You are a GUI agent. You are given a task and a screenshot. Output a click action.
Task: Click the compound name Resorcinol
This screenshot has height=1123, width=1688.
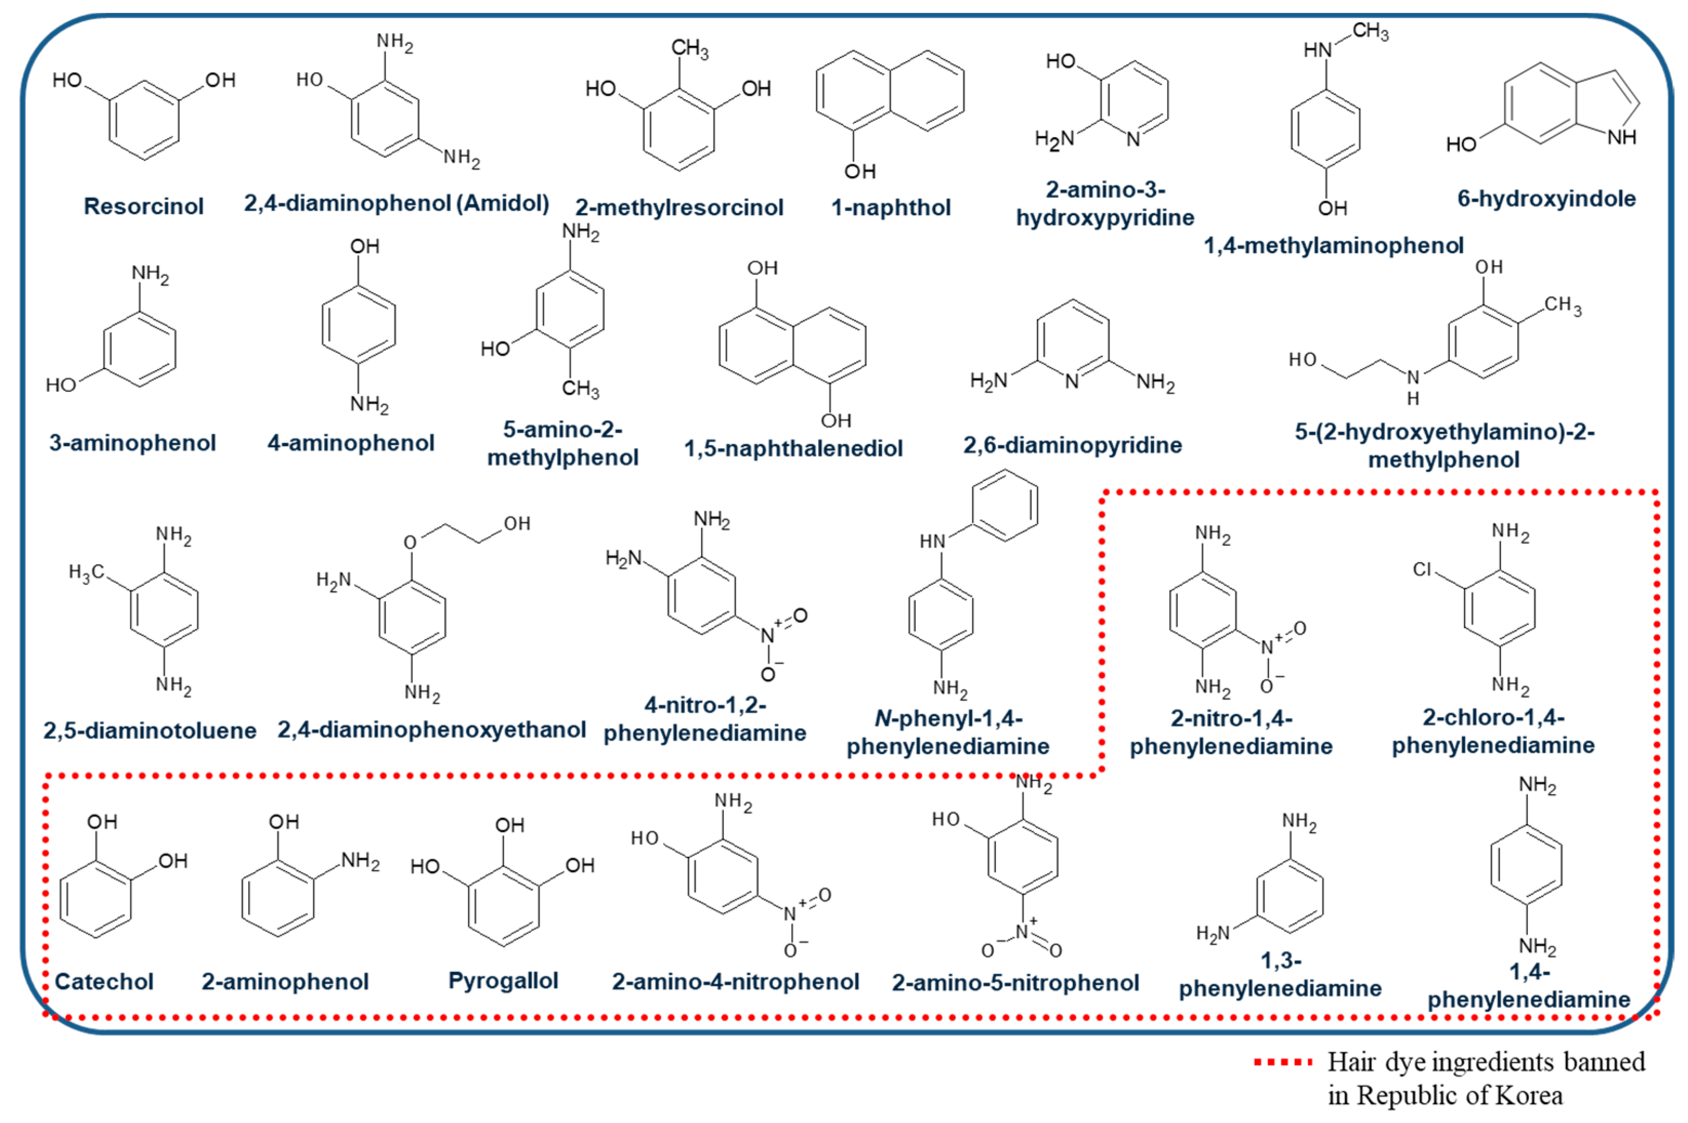coord(143,206)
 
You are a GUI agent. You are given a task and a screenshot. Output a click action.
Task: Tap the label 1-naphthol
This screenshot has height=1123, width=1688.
coord(890,208)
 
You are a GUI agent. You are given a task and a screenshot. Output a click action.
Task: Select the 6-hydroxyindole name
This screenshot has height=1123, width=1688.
coord(1546,199)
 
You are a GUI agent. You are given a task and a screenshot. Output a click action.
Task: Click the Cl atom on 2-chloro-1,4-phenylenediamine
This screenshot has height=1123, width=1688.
coord(1422,569)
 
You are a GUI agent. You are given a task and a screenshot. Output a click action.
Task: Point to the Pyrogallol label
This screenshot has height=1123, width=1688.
coord(503,980)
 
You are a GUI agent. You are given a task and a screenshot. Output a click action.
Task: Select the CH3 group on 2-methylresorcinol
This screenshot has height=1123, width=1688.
coord(689,49)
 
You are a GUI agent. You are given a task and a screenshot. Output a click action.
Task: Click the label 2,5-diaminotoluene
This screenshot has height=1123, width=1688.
coord(150,730)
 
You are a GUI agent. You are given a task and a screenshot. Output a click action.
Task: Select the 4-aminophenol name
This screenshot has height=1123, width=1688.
coord(351,442)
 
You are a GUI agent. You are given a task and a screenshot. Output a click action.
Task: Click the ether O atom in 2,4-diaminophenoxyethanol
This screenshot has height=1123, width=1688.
coord(410,542)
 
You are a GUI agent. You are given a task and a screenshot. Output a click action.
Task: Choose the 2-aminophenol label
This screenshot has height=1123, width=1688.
coord(285,981)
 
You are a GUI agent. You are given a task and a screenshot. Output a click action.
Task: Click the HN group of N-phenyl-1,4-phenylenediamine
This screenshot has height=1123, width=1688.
coord(932,541)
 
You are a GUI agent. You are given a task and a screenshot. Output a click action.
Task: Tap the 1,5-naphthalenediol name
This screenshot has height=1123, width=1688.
coord(793,449)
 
